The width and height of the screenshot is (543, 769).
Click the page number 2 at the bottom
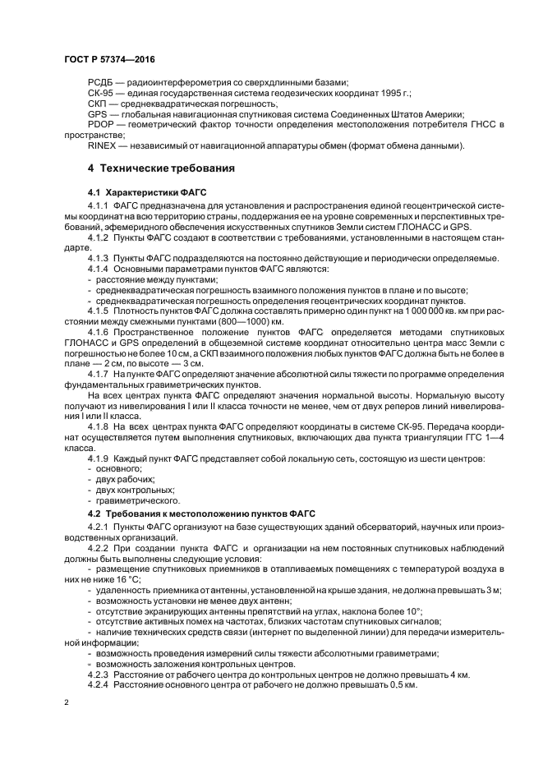coord(67,704)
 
